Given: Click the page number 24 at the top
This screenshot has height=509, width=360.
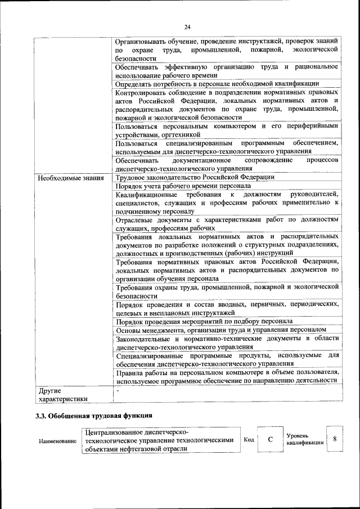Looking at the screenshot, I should (187, 26).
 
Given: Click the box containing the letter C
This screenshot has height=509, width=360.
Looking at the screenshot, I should (270, 440).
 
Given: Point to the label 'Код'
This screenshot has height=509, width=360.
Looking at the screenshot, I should (249, 439).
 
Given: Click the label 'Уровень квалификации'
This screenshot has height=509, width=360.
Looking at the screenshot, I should (304, 439).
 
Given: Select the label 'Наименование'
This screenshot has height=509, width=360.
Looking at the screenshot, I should (57, 442).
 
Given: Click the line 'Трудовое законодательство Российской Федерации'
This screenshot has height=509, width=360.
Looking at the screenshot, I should (195, 177).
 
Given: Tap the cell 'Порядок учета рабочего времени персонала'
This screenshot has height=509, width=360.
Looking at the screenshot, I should (183, 186).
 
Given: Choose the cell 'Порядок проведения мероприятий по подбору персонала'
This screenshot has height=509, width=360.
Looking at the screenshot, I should (204, 321).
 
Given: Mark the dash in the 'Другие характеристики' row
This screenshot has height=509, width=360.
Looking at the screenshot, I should (118, 390).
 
